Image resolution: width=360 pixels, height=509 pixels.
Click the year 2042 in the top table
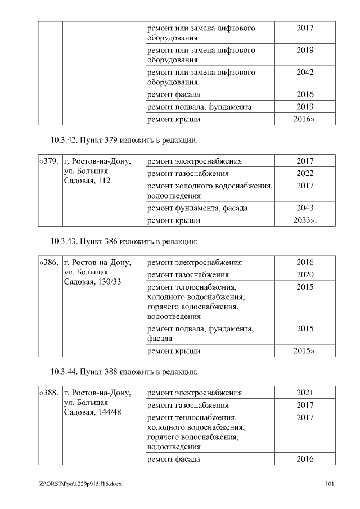(x=305, y=73)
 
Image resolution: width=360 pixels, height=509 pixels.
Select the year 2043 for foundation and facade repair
(x=305, y=208)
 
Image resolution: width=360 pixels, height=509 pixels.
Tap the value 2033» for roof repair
(x=305, y=220)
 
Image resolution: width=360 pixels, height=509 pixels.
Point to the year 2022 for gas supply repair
(x=305, y=174)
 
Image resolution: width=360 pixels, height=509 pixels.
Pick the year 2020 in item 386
(x=305, y=274)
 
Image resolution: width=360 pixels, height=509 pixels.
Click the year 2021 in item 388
(x=305, y=393)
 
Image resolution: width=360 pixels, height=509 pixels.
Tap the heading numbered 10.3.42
(x=124, y=139)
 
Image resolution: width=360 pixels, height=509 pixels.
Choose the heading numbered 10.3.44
(x=124, y=372)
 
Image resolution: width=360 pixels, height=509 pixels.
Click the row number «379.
(x=49, y=161)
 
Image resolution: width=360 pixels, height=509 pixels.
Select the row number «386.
(x=49, y=262)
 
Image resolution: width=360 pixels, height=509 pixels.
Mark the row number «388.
(x=49, y=393)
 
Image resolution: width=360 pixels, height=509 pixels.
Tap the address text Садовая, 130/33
(x=93, y=281)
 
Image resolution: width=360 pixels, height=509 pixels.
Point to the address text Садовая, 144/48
(x=93, y=412)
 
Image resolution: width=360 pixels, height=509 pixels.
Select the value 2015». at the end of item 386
(x=305, y=351)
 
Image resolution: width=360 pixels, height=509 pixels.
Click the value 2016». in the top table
(x=305, y=119)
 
